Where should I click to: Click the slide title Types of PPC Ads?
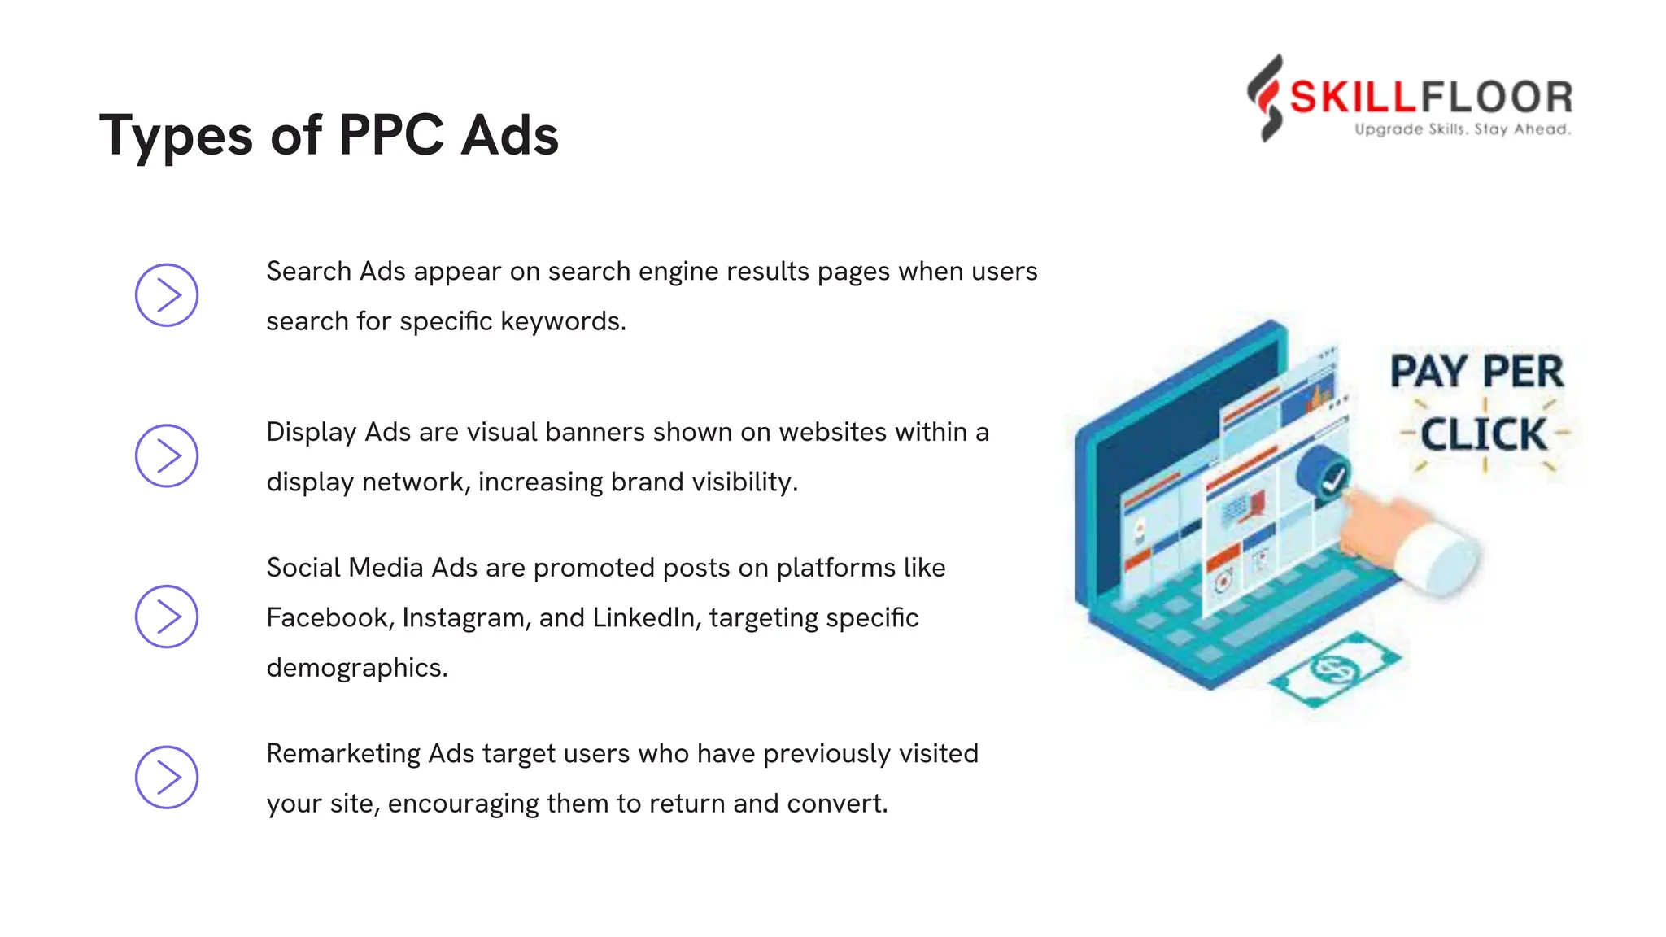click(x=329, y=135)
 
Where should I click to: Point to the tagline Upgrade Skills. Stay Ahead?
click(x=1462, y=129)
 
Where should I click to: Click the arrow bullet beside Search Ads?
click(x=167, y=295)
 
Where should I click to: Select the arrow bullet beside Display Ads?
click(x=167, y=455)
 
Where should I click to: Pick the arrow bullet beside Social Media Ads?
click(x=167, y=617)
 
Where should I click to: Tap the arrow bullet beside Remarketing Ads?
click(x=167, y=778)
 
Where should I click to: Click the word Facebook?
click(x=327, y=617)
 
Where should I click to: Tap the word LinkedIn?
click(x=644, y=617)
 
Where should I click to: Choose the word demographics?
click(x=356, y=668)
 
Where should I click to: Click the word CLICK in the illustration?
click(x=1483, y=434)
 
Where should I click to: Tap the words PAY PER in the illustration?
click(x=1476, y=372)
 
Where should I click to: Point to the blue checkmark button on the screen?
click(x=1324, y=474)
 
